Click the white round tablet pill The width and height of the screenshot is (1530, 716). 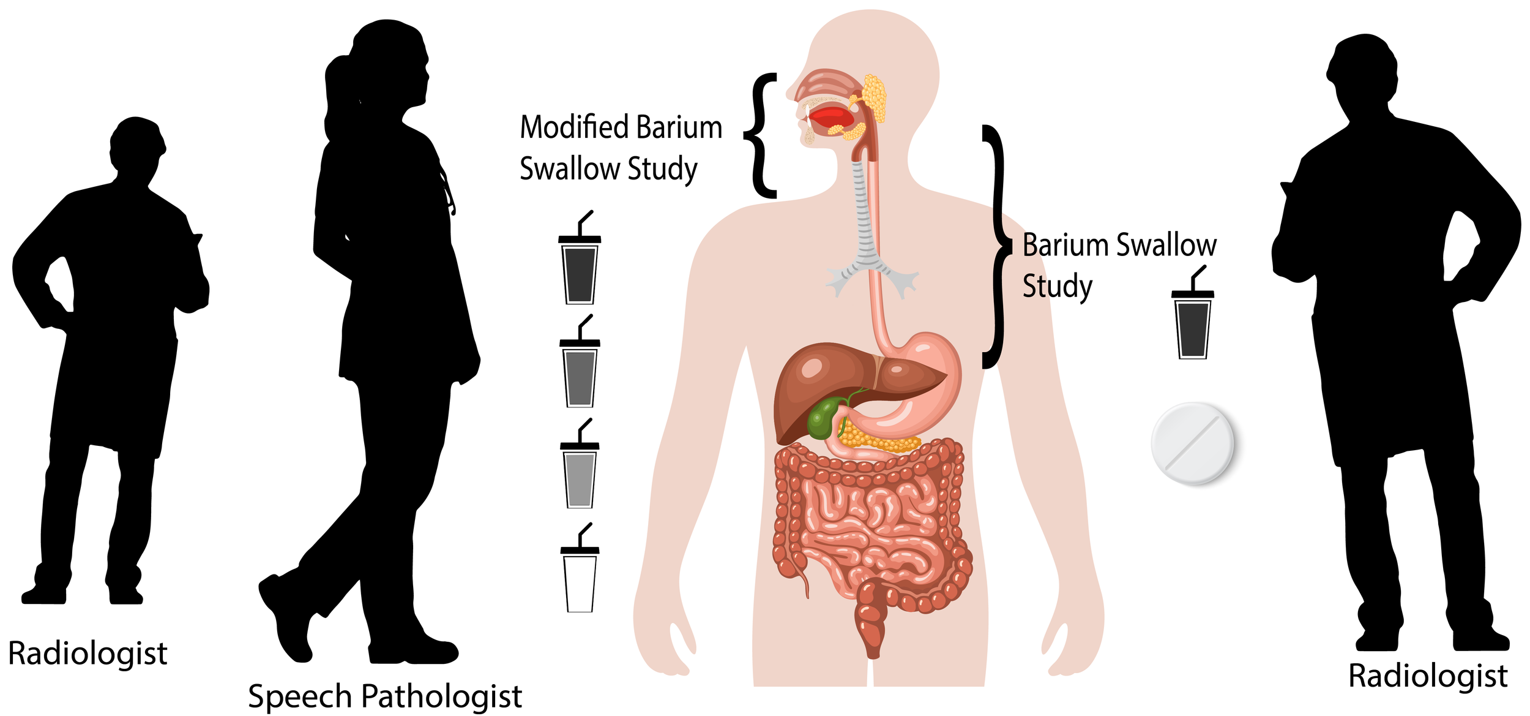(1192, 443)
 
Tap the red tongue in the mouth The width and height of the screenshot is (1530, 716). (829, 116)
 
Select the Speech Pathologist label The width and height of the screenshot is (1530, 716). (384, 696)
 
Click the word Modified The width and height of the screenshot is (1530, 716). (574, 127)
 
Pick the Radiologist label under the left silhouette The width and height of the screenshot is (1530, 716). (88, 653)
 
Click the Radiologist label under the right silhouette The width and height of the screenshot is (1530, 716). (1428, 676)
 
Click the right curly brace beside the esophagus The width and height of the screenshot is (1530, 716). (996, 245)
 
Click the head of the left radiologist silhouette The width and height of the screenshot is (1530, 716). (138, 144)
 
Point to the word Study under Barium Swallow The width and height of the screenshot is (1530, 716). (1057, 286)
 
